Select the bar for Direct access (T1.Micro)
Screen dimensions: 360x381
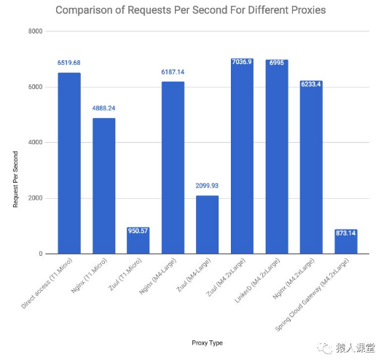click(x=68, y=163)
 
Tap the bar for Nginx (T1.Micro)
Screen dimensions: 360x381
click(x=103, y=186)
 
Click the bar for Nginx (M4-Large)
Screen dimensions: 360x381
click(x=173, y=168)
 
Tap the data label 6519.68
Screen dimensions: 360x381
click(x=68, y=63)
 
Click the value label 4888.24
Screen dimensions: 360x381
click(x=103, y=109)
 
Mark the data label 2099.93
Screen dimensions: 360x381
click(x=207, y=186)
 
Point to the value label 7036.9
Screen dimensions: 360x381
click(x=242, y=63)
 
